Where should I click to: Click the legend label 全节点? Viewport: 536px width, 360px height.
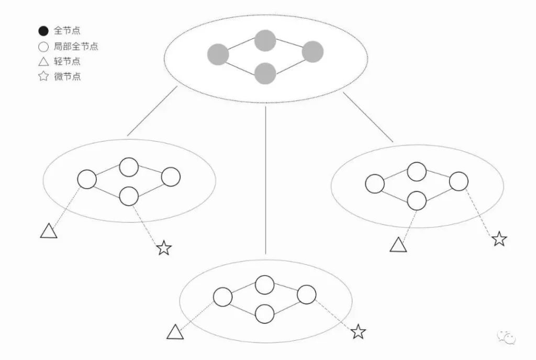tap(67, 31)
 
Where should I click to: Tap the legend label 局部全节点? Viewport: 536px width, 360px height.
tap(76, 46)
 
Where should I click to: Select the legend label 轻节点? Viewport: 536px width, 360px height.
tap(67, 61)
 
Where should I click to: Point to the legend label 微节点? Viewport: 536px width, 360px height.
tap(67, 76)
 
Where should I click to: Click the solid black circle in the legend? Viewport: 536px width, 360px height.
tap(43, 31)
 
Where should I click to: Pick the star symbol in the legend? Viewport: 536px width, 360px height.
tap(43, 76)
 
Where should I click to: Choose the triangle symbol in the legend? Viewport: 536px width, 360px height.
tap(43, 62)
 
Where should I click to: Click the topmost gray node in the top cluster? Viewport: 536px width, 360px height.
tap(265, 41)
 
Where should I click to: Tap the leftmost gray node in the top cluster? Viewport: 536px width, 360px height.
tap(218, 54)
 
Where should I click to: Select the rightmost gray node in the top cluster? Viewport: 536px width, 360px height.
tap(312, 52)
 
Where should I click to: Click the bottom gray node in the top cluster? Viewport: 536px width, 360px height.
tap(265, 73)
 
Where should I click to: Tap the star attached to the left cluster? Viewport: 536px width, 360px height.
tap(164, 248)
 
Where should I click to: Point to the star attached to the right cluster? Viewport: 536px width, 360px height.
tap(499, 239)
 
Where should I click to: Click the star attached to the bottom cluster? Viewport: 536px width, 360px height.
tap(358, 331)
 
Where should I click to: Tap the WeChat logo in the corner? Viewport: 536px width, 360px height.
tap(507, 337)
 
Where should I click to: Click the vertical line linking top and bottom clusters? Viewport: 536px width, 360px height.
tap(265, 181)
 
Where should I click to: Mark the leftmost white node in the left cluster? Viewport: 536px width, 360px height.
tap(87, 179)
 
